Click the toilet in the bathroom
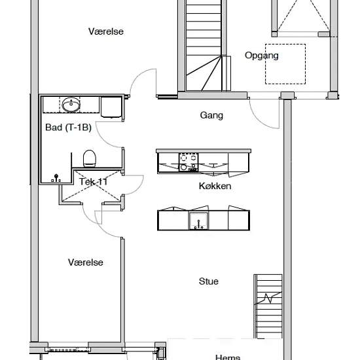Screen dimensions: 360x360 pyautogui.click(x=89, y=158)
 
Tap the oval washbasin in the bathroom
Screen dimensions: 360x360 pyautogui.click(x=71, y=105)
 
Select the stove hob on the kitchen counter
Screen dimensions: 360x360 pyautogui.click(x=189, y=162)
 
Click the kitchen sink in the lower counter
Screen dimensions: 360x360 pyautogui.click(x=198, y=221)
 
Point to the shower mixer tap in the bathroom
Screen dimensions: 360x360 pyautogui.click(x=56, y=178)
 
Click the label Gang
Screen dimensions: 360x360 pyautogui.click(x=211, y=115)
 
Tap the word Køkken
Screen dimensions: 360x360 pyautogui.click(x=215, y=186)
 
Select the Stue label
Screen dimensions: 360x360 pyautogui.click(x=208, y=281)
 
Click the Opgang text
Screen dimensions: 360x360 pyautogui.click(x=262, y=56)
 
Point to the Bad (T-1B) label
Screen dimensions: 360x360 pyautogui.click(x=69, y=128)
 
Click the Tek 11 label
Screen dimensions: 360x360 pyautogui.click(x=93, y=182)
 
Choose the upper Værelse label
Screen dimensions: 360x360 pyautogui.click(x=106, y=31)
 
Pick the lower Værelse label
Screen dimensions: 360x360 pyautogui.click(x=85, y=262)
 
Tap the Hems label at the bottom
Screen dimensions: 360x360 pyautogui.click(x=228, y=357)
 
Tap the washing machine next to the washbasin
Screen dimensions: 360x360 pyautogui.click(x=111, y=107)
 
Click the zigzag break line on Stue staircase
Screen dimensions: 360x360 pyautogui.click(x=268, y=298)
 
